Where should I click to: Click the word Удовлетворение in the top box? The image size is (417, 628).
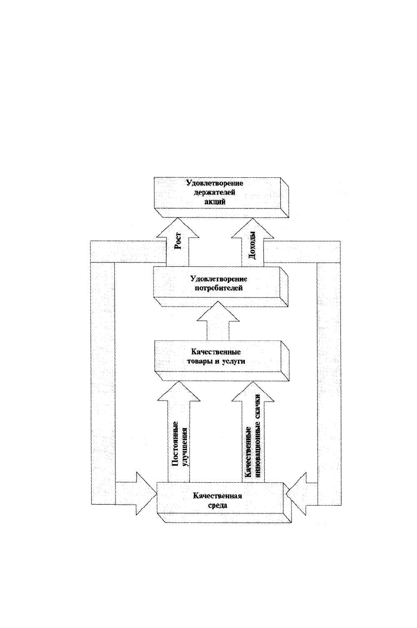pyautogui.click(x=215, y=183)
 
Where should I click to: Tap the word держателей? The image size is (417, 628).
pyautogui.click(x=214, y=192)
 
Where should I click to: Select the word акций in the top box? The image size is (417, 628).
pyautogui.click(x=215, y=201)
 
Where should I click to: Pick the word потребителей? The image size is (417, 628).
pyautogui.click(x=218, y=288)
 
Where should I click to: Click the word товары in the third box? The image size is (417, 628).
pyautogui.click(x=199, y=362)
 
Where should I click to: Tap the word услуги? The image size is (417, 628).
pyautogui.click(x=234, y=362)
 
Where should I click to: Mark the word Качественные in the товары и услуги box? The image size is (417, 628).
pyautogui.click(x=216, y=352)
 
